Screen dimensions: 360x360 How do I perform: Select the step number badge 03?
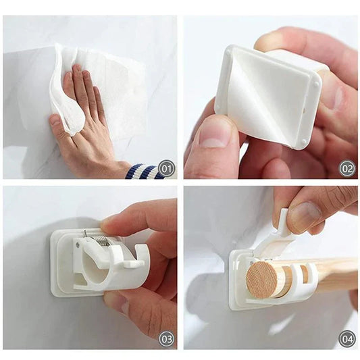tap(166, 338)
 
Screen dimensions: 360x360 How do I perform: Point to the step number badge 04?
tap(346, 338)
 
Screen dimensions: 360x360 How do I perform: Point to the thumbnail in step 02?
tap(215, 132)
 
